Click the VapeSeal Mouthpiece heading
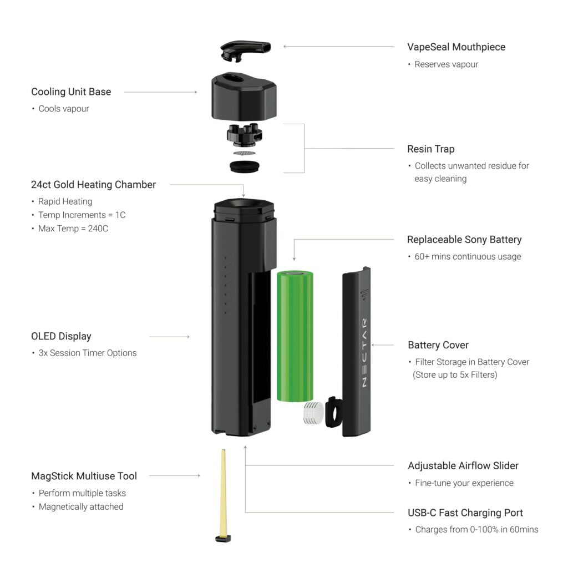456,47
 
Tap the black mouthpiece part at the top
245,50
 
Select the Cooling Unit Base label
71,92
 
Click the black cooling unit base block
244,96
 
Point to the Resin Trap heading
430,149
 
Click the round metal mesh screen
244,153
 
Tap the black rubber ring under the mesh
245,166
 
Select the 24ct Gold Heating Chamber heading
93,185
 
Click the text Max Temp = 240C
73,229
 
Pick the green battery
295,336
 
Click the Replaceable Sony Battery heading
464,240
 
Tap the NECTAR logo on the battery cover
364,353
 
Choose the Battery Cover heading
438,345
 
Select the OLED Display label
61,336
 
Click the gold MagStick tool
223,495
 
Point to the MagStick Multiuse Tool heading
84,476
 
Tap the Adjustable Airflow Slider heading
463,466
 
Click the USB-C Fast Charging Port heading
465,513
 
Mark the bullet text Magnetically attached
81,507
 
